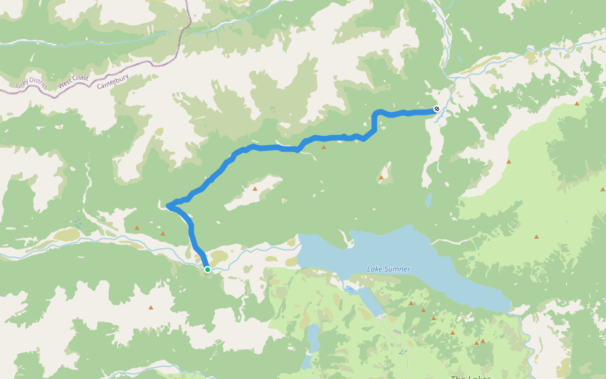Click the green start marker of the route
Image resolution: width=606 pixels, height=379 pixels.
click(x=207, y=270)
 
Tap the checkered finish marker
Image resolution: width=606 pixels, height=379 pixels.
click(x=436, y=110)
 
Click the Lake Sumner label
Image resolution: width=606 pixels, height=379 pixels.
click(x=388, y=269)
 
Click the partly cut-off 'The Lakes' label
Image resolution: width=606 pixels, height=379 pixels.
click(x=470, y=377)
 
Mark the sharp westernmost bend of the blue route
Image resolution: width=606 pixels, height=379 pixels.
click(x=168, y=205)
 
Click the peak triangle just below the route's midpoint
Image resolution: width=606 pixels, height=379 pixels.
click(x=324, y=147)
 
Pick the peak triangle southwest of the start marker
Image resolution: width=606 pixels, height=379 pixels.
click(x=150, y=308)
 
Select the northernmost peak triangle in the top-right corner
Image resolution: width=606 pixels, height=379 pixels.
click(x=576, y=103)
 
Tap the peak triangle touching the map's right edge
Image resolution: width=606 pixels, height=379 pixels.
click(x=603, y=189)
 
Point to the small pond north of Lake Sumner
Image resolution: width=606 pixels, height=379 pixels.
click(x=428, y=201)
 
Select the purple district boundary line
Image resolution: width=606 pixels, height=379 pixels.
click(x=151, y=63)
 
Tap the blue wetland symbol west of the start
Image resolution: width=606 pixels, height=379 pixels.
click(x=78, y=223)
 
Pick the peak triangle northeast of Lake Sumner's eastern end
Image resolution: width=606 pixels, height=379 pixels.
click(x=537, y=237)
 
